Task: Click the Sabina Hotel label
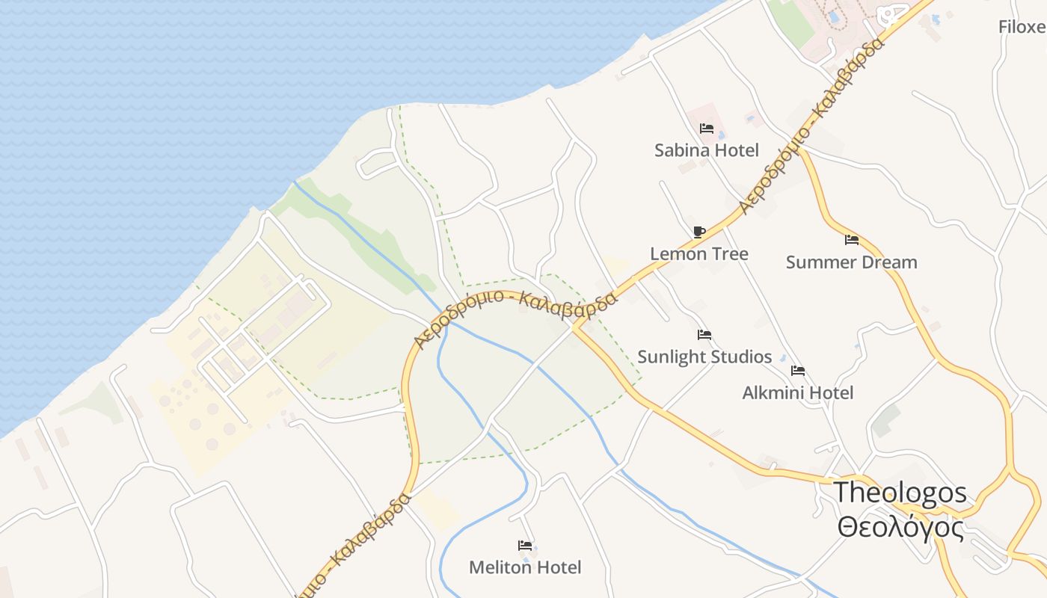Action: click(706, 150)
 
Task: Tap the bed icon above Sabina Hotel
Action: click(706, 129)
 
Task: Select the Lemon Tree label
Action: click(698, 254)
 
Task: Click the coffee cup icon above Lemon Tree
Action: click(698, 232)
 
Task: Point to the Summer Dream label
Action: click(851, 262)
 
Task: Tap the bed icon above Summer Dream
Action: click(851, 240)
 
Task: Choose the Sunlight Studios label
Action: click(704, 357)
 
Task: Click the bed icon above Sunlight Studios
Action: click(704, 334)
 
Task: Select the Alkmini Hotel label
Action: click(797, 392)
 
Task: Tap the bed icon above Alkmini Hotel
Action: click(797, 370)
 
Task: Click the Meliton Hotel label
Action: click(524, 567)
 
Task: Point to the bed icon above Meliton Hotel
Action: click(524, 546)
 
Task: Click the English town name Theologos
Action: click(900, 493)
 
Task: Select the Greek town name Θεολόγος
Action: click(900, 528)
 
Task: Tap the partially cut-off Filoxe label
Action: click(1022, 27)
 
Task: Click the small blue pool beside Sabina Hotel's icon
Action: click(721, 135)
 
